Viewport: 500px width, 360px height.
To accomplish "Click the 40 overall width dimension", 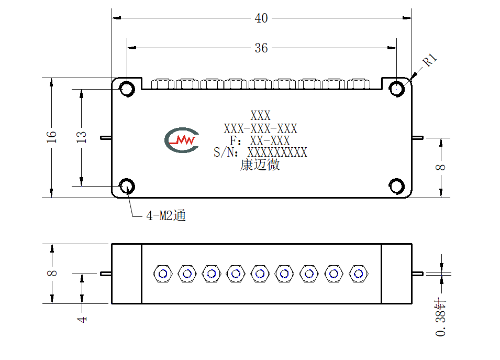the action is tap(261, 18).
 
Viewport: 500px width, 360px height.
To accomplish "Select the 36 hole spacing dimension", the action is tap(261, 48).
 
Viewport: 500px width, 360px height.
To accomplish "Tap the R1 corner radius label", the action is tap(429, 60).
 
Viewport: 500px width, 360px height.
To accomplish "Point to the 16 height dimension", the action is tap(52, 137).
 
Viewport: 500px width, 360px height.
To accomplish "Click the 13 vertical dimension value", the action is tap(82, 137).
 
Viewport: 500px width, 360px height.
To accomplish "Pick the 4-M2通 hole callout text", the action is tap(166, 216).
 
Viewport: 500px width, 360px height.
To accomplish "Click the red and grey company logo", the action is tap(182, 140).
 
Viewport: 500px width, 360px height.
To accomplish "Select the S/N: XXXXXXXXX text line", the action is tap(260, 152).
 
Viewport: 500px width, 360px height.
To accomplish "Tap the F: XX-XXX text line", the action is tap(260, 140).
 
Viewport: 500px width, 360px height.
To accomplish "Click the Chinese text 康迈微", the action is tap(260, 165).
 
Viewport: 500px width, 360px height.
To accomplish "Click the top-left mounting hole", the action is tap(127, 89).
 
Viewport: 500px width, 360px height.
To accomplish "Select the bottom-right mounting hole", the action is tap(397, 186).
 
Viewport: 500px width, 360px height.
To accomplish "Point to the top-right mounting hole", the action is tap(397, 89).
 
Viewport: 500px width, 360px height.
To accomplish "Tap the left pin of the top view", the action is tap(106, 138).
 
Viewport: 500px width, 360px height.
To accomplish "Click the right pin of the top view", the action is tap(417, 138).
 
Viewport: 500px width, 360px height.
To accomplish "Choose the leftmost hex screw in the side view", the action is tap(163, 274).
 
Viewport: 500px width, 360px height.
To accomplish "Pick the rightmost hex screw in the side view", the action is tap(359, 274).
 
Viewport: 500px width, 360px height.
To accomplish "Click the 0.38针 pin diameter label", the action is tap(441, 318).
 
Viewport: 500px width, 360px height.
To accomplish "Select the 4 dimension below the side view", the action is tap(82, 319).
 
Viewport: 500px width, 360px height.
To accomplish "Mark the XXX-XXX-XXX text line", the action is tap(260, 128).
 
